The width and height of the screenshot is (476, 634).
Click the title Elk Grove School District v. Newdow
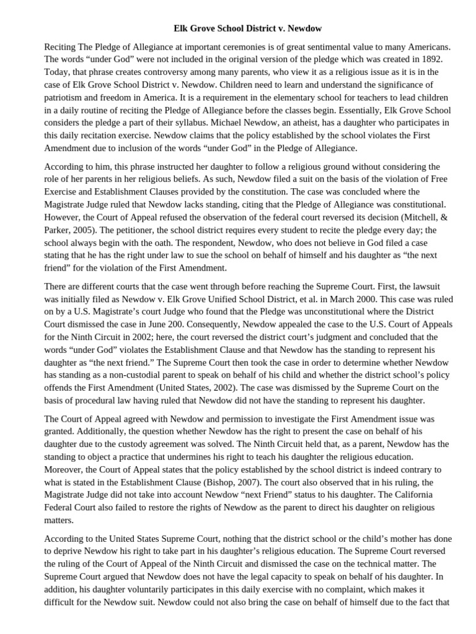[x=238, y=28]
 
